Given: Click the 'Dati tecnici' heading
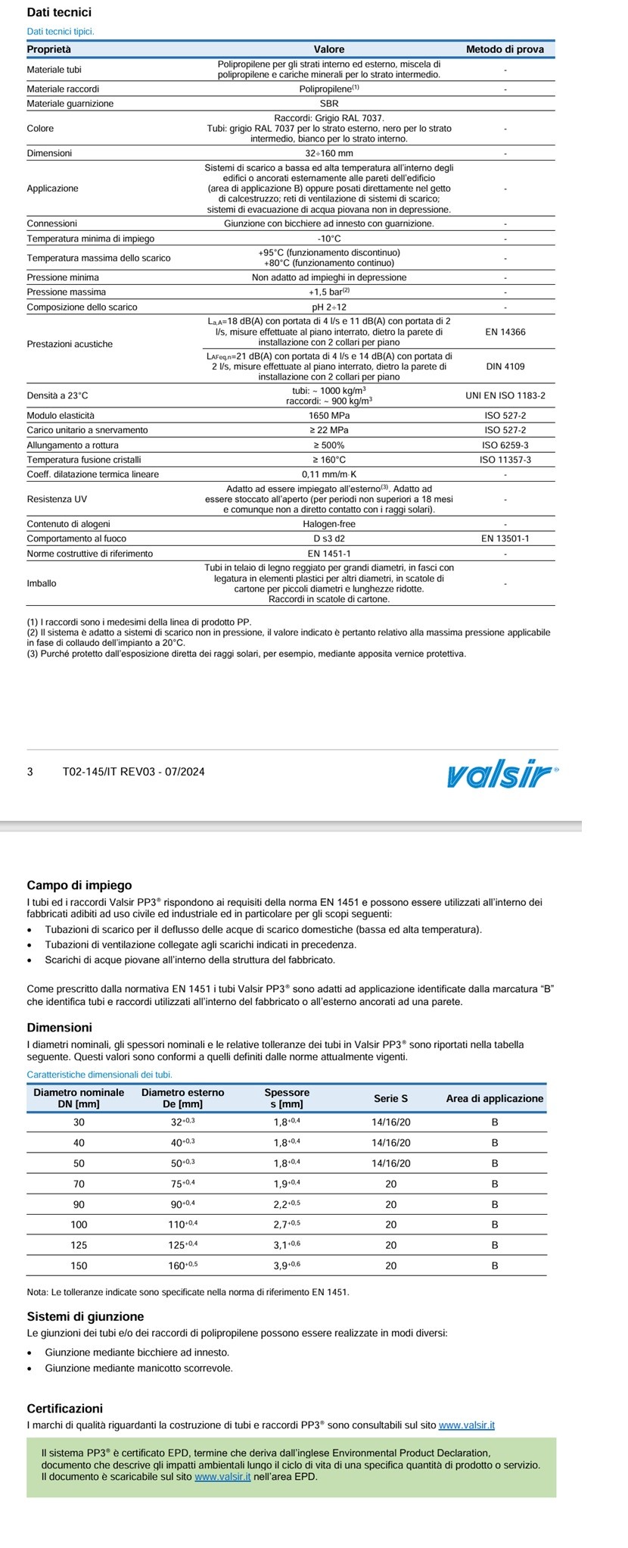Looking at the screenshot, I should click(59, 12).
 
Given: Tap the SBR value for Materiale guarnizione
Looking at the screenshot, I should click(329, 103).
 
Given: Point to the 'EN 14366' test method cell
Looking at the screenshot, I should click(505, 331).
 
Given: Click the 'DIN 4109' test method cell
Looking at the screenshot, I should click(505, 367).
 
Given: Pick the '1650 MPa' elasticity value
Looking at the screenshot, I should click(329, 416).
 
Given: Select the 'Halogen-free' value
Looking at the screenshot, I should click(329, 524).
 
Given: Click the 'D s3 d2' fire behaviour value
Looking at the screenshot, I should click(329, 538).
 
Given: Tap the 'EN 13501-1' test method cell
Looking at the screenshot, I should click(505, 538).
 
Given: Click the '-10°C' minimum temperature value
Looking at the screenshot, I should click(329, 239).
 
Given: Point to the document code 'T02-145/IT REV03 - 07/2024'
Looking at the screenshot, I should click(133, 772).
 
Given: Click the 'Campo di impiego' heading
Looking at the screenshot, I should click(79, 885).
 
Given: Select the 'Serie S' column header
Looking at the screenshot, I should click(390, 1098).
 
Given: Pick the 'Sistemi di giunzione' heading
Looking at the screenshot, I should click(85, 1317).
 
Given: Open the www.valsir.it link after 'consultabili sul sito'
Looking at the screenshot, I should click(467, 1425).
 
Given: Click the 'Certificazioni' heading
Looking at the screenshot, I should click(64, 1409).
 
